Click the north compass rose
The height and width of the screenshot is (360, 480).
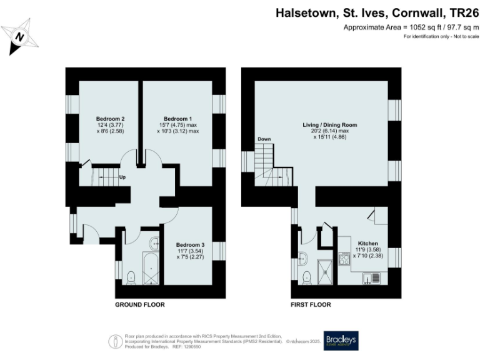click(21, 37)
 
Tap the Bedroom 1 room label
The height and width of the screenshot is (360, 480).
click(177, 119)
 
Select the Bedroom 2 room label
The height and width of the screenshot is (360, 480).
click(110, 119)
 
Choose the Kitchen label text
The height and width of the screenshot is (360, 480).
click(367, 243)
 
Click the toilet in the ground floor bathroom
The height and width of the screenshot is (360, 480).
click(131, 277)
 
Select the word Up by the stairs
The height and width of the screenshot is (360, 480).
click(122, 177)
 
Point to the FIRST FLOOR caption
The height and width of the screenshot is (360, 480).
click(311, 305)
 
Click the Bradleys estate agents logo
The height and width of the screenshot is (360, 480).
click(341, 340)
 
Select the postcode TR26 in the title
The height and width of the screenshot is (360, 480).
click(460, 12)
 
